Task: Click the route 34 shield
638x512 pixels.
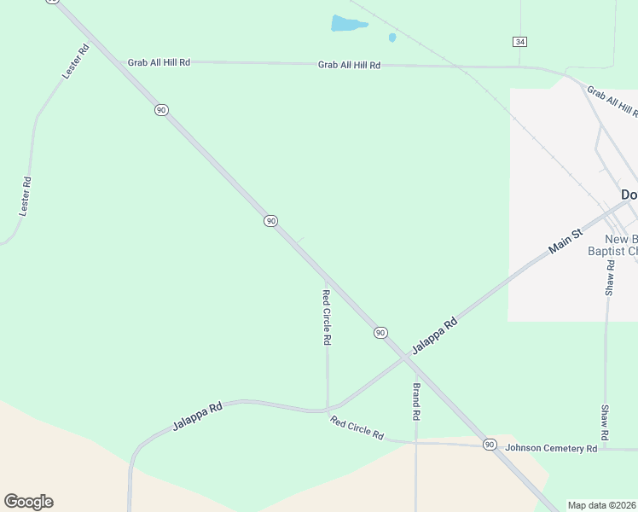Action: coord(519,42)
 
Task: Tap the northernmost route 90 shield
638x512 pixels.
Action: coord(161,110)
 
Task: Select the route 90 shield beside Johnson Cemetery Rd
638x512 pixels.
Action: coord(490,445)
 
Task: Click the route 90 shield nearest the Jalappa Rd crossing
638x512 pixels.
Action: coord(380,332)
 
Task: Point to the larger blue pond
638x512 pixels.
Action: coord(348,24)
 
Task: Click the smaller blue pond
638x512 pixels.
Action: coord(392,38)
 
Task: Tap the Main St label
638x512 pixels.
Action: coord(565,240)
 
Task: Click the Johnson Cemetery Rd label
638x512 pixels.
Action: coord(551,448)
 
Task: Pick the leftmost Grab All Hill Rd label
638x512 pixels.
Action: coord(159,62)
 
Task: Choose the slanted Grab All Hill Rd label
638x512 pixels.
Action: coord(612,101)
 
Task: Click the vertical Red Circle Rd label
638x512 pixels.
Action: coord(326,317)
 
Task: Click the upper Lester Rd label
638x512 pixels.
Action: coord(76,62)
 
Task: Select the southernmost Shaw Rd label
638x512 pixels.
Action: coord(605,423)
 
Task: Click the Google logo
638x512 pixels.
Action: coord(28,502)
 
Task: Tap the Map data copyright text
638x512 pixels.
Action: coord(602,505)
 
